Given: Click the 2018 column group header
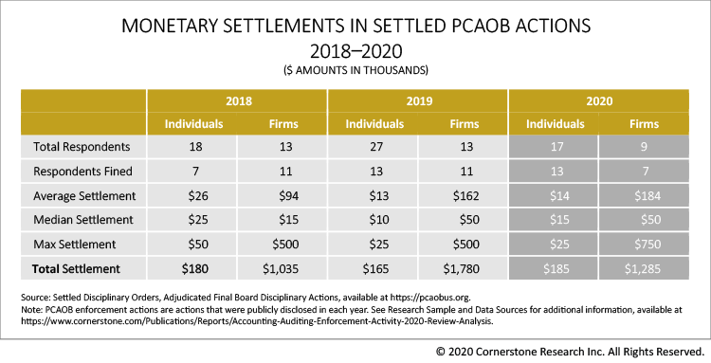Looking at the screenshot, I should [x=237, y=100].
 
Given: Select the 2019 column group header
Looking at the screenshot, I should [x=417, y=100].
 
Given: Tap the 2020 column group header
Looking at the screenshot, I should [x=598, y=100].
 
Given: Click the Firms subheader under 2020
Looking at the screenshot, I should [x=645, y=123].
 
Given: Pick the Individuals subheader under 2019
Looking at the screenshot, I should [x=374, y=123].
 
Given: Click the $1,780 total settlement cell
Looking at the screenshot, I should [x=464, y=269].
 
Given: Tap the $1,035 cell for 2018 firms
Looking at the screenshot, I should [x=283, y=269].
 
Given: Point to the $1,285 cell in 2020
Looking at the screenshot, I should [x=645, y=269].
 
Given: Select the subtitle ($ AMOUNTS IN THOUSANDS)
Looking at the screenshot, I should [x=355, y=70].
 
